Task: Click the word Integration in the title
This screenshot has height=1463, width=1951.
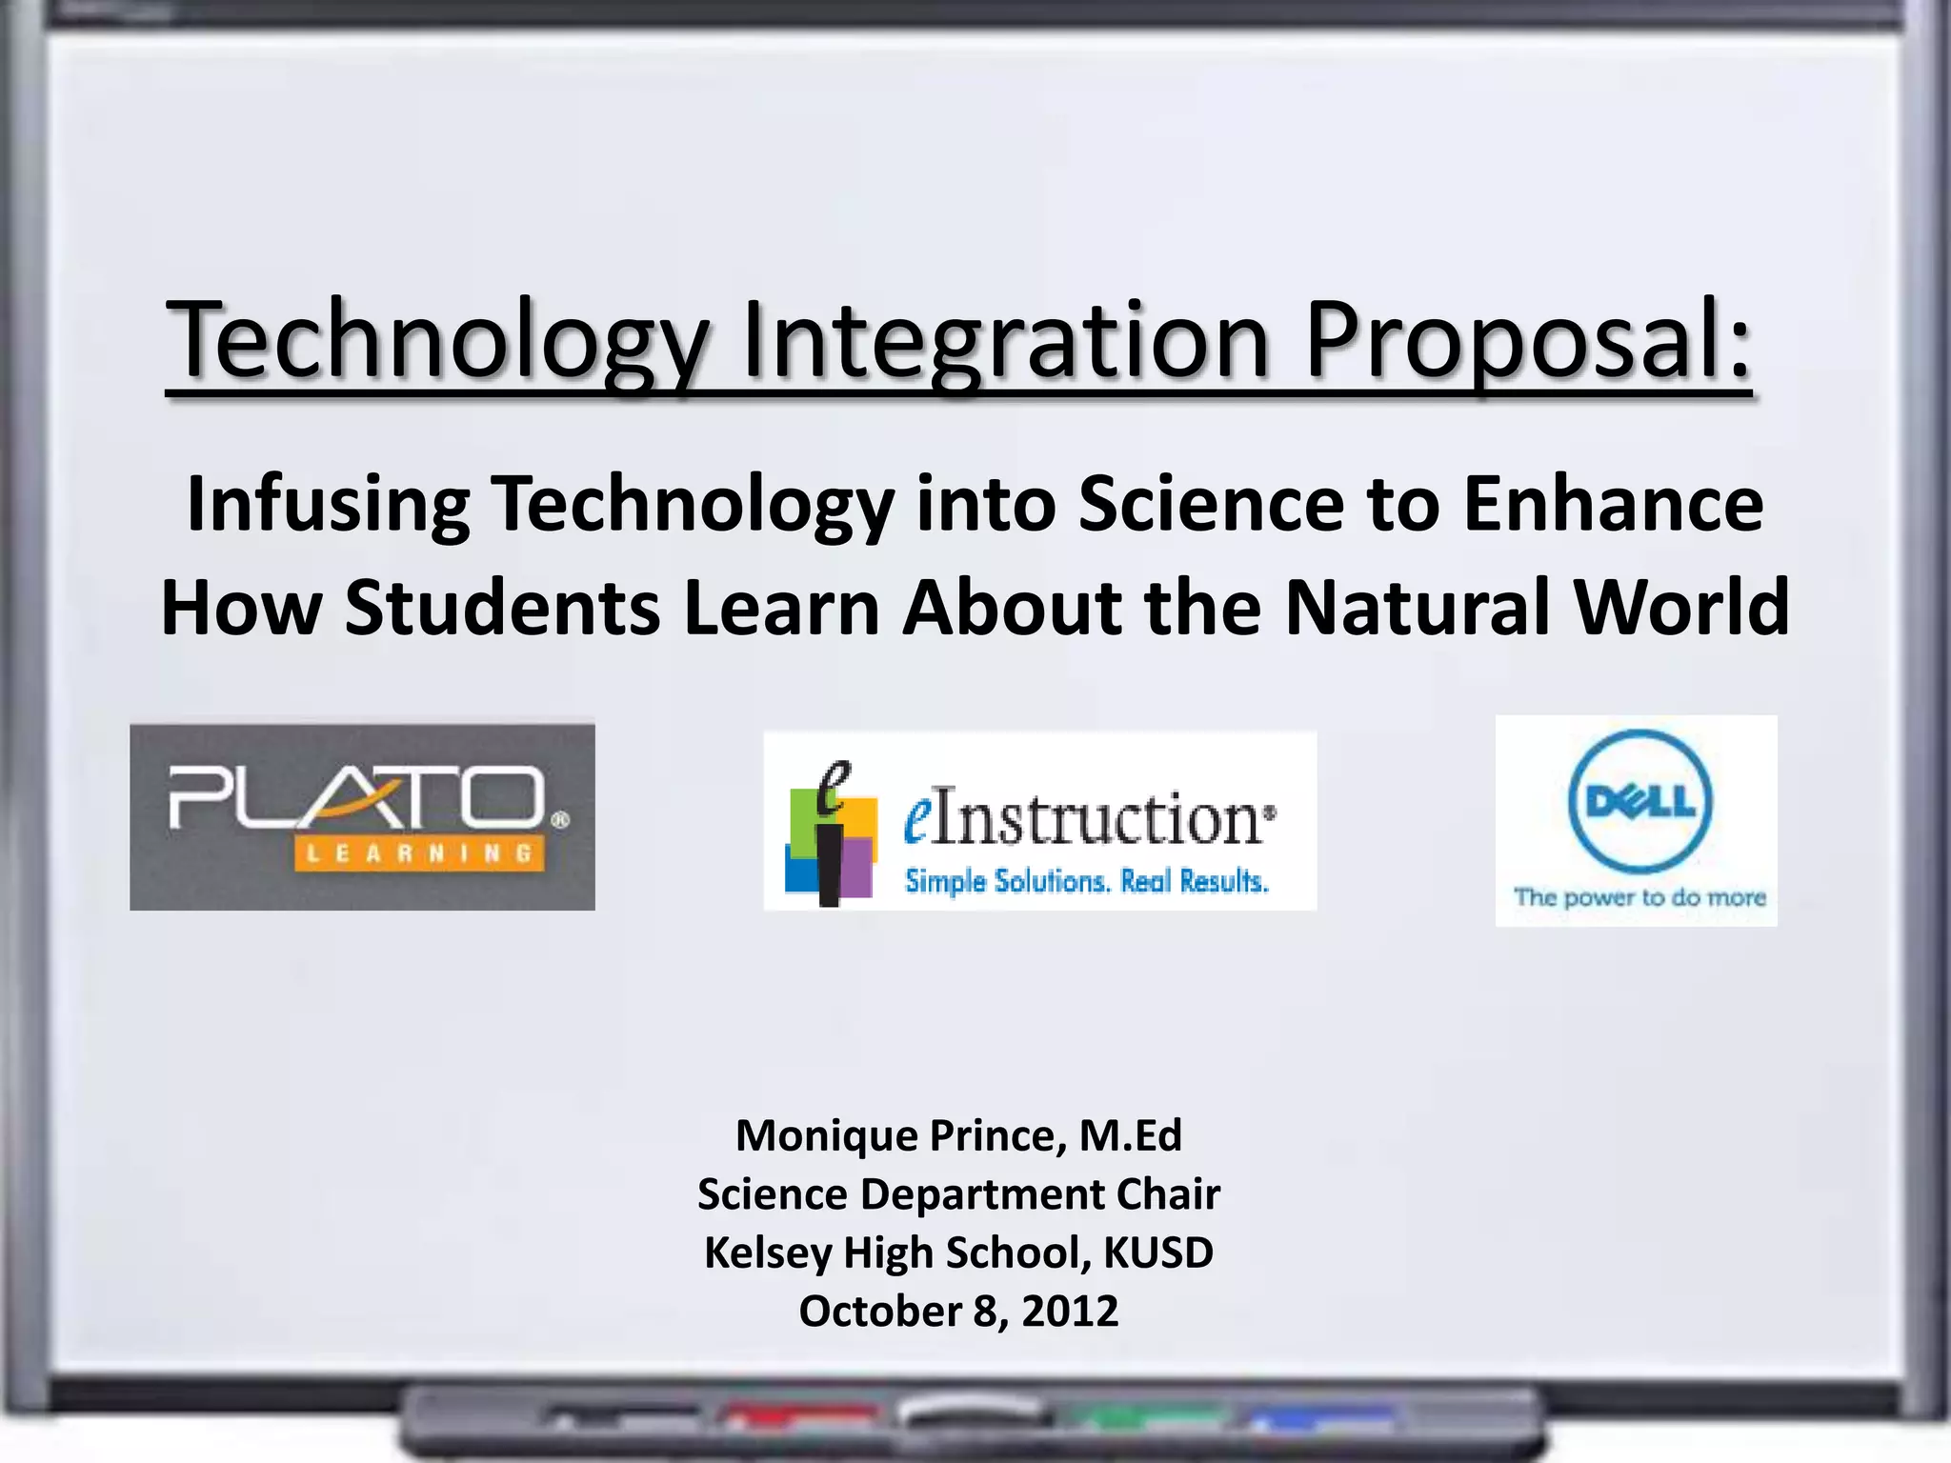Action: (1005, 340)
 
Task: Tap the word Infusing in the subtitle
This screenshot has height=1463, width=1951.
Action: (328, 504)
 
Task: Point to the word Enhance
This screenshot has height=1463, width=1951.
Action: (1613, 504)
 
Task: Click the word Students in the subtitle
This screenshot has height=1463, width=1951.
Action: (502, 608)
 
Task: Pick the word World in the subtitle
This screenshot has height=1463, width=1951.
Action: (1681, 608)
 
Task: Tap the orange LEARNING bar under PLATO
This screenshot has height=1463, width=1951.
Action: (419, 853)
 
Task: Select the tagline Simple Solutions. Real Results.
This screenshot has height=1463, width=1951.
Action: (1086, 882)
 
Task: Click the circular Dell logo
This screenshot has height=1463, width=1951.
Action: (1639, 802)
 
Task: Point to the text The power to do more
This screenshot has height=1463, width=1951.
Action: (1639, 897)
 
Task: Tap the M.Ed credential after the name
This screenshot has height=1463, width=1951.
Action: (1131, 1136)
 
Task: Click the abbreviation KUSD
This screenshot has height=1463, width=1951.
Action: (1157, 1253)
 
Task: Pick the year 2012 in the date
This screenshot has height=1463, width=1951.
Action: (1070, 1312)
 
